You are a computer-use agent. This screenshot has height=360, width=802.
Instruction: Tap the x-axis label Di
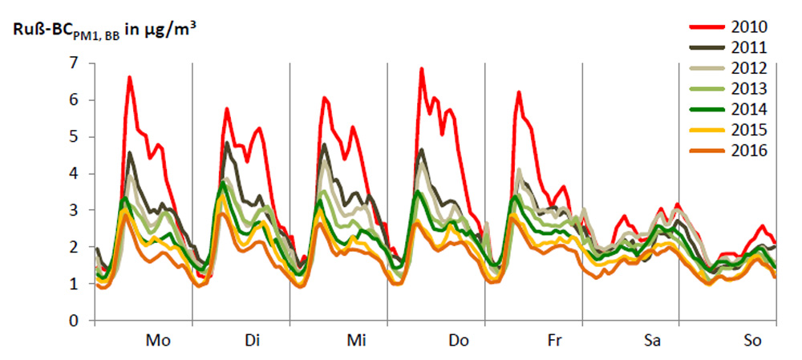pos(252,341)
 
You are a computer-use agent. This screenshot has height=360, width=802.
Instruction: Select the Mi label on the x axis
pos(356,341)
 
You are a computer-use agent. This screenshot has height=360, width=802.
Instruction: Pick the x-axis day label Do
pos(458,341)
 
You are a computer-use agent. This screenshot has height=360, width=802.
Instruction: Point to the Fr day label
pos(554,341)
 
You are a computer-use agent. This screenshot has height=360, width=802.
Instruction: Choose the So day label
pos(751,341)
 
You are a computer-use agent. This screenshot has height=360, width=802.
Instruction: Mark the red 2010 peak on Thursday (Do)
pos(421,70)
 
